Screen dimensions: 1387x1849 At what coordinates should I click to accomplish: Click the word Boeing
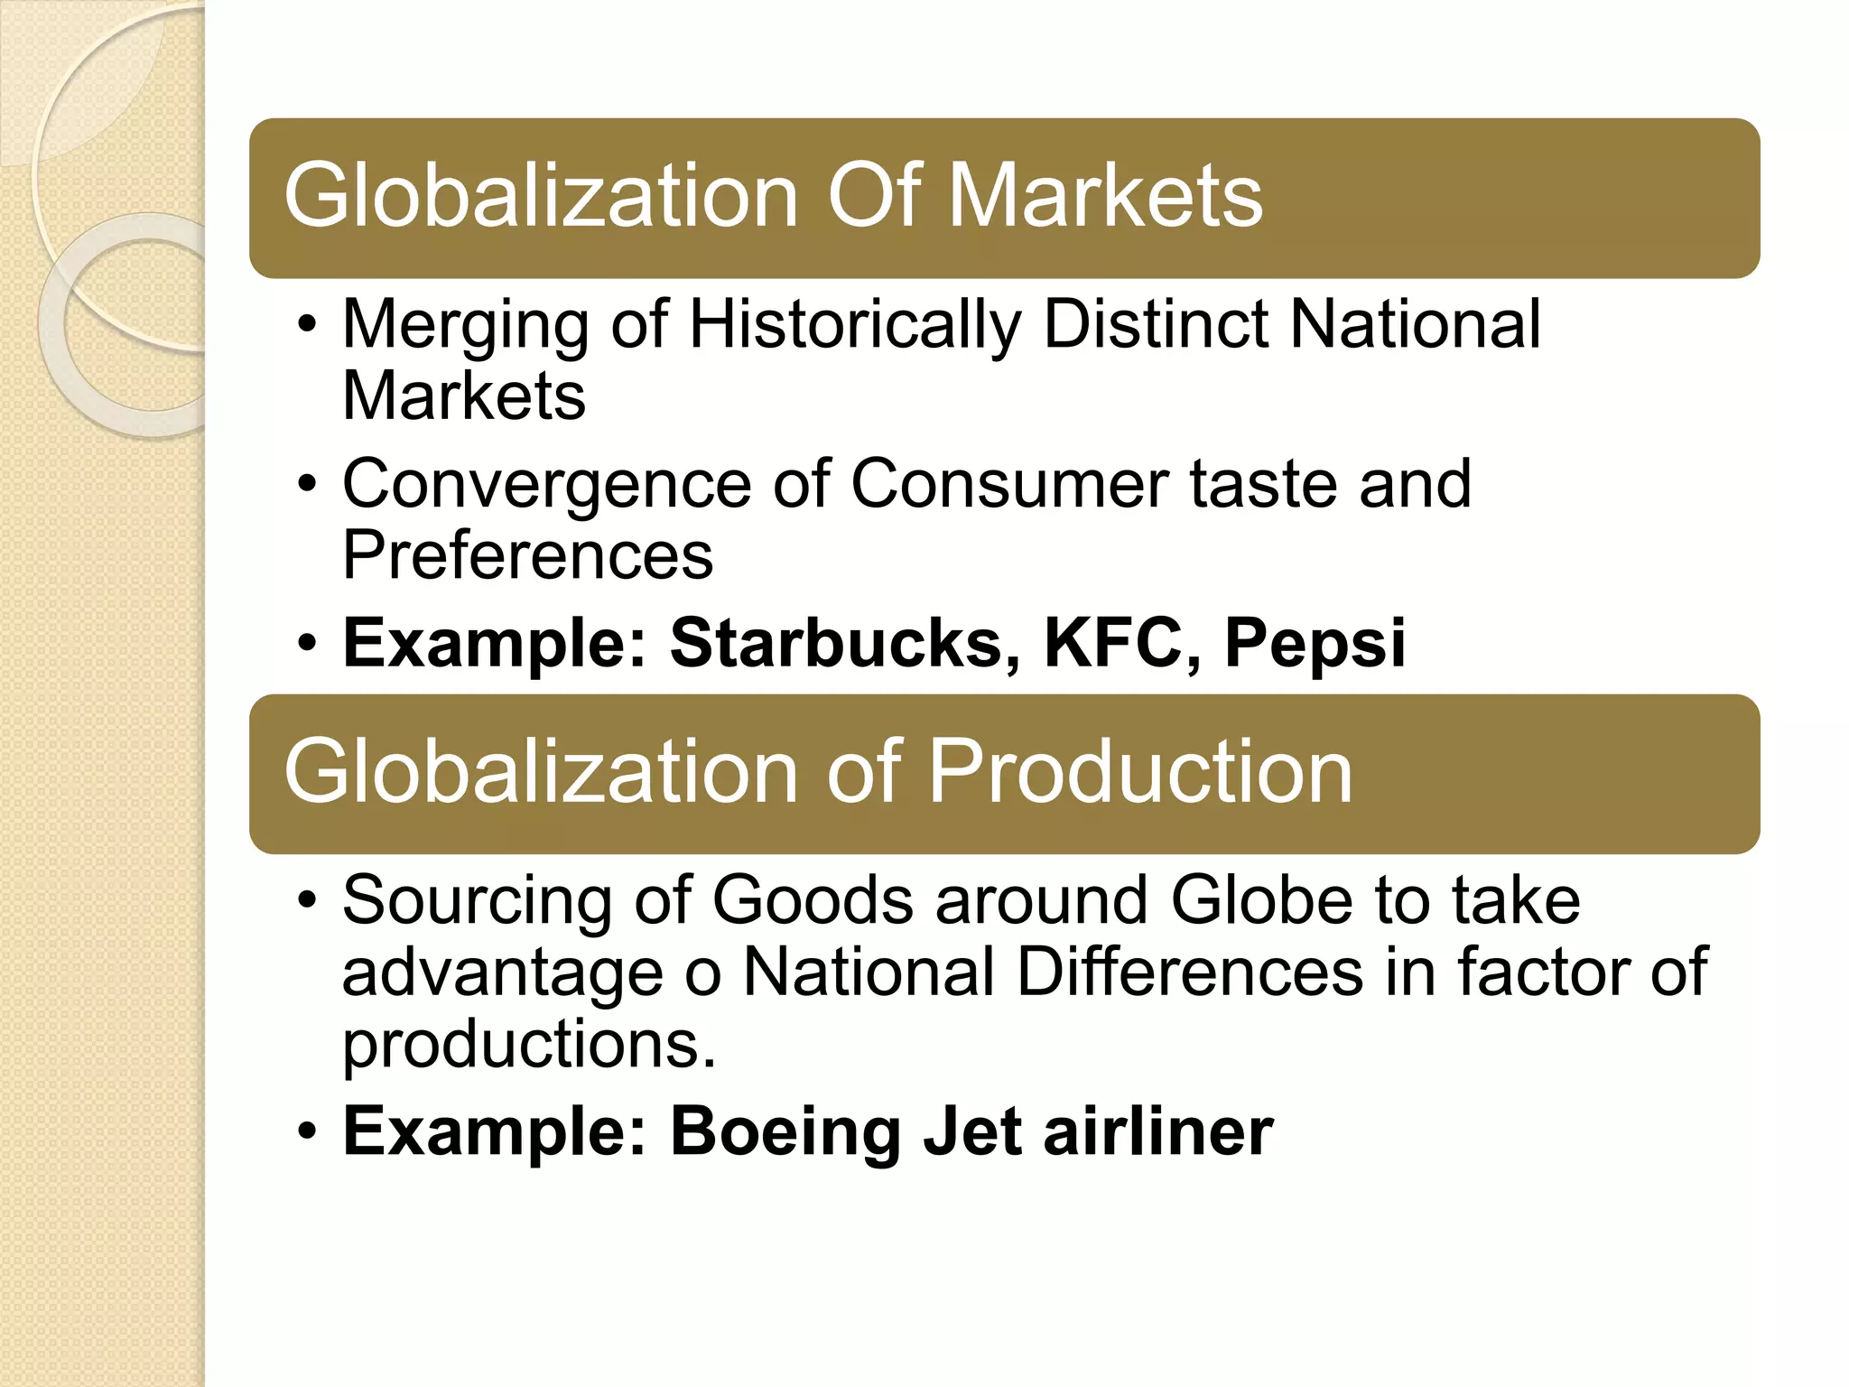[x=786, y=1132]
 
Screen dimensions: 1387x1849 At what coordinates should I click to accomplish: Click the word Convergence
[x=546, y=486]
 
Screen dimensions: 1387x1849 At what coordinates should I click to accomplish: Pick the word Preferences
[x=527, y=554]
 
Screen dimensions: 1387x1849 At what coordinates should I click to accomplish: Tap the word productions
[x=528, y=1044]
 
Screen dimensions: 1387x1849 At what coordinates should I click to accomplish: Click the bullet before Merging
[x=307, y=325]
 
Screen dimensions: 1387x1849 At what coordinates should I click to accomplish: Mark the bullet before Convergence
[x=307, y=484]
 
